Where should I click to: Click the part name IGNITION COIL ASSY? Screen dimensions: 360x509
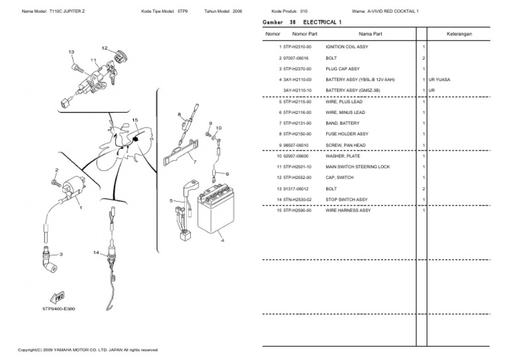point(347,48)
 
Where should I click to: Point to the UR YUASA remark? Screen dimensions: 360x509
point(439,80)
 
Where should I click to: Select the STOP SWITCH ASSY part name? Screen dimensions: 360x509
point(346,200)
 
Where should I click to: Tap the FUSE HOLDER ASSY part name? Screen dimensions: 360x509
point(347,134)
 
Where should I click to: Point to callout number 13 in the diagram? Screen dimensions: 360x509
point(71,52)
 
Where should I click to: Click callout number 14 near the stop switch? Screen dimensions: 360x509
point(96,253)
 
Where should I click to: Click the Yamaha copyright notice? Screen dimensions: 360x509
point(87,349)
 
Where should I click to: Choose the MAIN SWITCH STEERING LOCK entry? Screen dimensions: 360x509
point(357,167)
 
